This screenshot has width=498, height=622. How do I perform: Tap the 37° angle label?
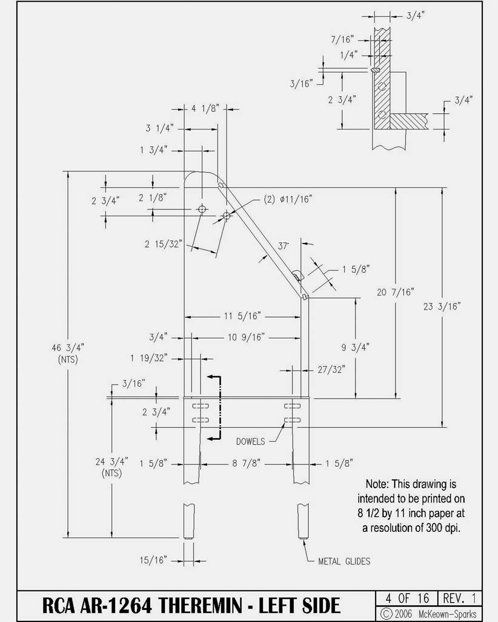tap(283, 246)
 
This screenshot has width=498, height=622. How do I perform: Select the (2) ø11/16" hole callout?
tap(288, 199)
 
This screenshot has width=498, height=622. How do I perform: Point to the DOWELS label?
tap(250, 442)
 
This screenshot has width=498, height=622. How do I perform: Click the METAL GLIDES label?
tap(344, 561)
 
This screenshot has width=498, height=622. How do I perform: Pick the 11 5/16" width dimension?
tap(242, 316)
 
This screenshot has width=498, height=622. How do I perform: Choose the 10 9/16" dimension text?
tap(246, 337)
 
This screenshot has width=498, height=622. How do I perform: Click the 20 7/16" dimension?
tap(396, 293)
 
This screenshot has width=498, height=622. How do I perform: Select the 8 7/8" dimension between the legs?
tap(247, 463)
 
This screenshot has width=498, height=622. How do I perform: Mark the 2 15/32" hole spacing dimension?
tap(163, 244)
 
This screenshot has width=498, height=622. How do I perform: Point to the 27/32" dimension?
tap(331, 369)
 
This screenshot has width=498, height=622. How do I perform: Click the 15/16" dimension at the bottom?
tap(153, 560)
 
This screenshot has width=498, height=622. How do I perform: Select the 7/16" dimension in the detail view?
tap(342, 39)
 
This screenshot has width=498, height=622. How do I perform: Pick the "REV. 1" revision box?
tap(460, 598)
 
